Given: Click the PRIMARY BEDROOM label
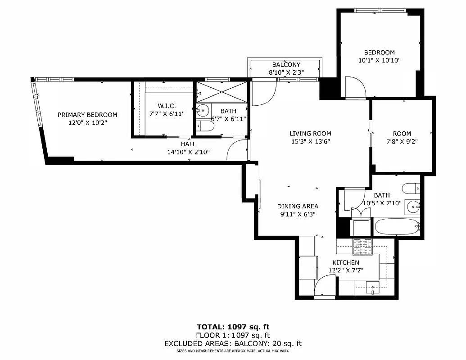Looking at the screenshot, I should coord(87,115).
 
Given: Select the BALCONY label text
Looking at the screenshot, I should coord(286,65).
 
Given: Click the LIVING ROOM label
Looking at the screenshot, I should coord(310,133).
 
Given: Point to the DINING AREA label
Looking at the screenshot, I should coord(298,206).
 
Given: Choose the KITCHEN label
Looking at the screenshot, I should coord(346,262).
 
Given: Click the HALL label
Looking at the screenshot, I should coord(188,144).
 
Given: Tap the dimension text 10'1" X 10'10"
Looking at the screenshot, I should coord(379,60).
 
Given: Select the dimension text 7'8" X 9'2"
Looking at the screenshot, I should coord(402,141).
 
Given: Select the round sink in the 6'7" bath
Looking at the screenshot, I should coord(204,110).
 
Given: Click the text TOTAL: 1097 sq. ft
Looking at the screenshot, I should coord(233,327).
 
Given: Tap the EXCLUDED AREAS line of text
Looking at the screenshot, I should coord(233,344).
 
